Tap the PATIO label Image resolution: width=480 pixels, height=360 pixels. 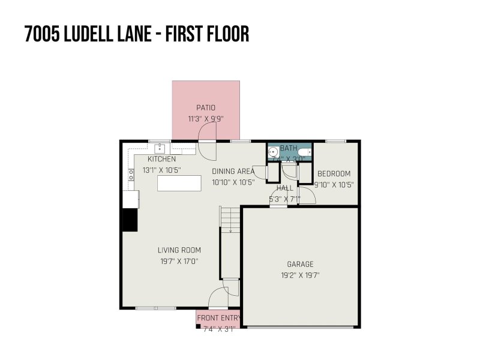[x=205, y=108]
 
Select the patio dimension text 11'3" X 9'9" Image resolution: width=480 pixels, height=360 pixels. [x=205, y=119]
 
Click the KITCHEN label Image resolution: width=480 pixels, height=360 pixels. [x=162, y=159]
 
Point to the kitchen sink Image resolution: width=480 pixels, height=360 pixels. [x=160, y=148]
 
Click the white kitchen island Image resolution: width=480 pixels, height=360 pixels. [x=179, y=184]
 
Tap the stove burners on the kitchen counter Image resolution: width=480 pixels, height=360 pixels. [x=130, y=175]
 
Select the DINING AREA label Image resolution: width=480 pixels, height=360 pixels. [x=233, y=171]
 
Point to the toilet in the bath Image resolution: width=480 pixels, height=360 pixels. [x=307, y=152]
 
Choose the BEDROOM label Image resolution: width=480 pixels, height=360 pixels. [x=334, y=174]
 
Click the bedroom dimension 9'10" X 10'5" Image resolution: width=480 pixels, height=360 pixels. [x=334, y=185]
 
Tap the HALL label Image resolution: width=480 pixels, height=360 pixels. [x=284, y=188]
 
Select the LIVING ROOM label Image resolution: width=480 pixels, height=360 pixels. [x=179, y=250]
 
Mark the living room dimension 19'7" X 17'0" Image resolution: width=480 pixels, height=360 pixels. [x=179, y=261]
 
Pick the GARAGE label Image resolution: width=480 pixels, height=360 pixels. [x=300, y=264]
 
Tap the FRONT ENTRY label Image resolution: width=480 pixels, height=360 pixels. [x=218, y=318]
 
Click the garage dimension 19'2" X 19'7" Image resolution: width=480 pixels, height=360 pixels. [x=300, y=275]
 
